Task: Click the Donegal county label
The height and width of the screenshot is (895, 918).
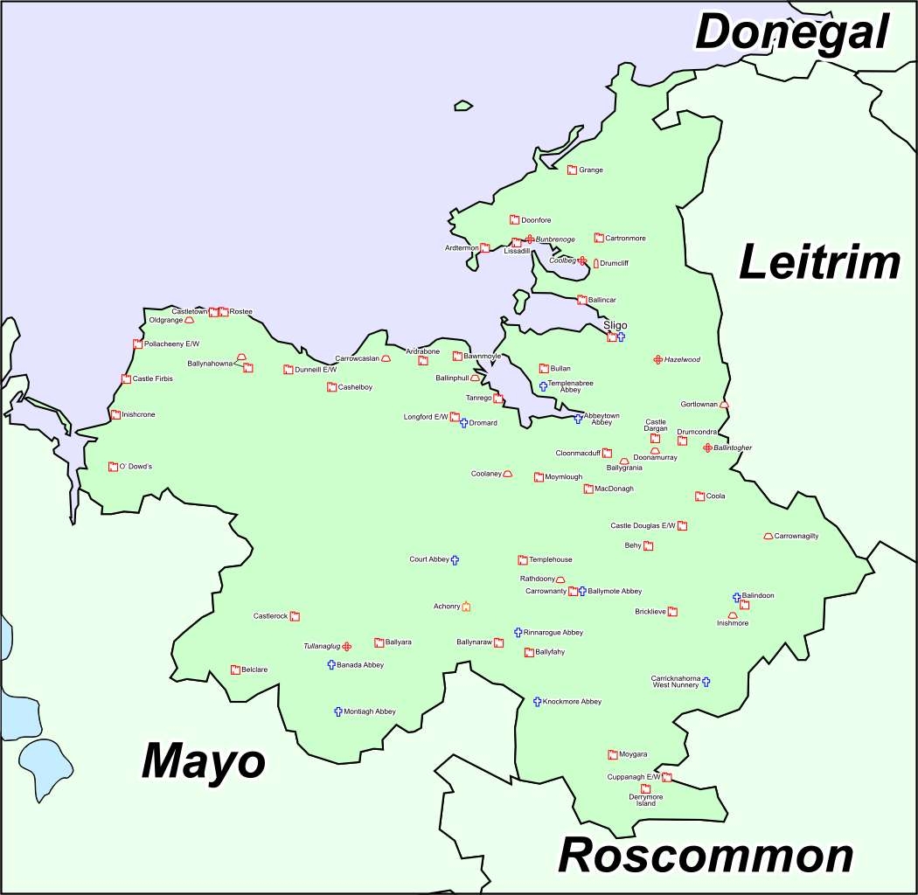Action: pyautogui.click(x=791, y=33)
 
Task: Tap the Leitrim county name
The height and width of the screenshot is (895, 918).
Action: pyautogui.click(x=819, y=263)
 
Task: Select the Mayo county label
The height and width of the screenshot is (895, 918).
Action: pyautogui.click(x=203, y=762)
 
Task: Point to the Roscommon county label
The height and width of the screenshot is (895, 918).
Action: pyautogui.click(x=706, y=856)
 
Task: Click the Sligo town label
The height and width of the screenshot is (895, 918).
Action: pyautogui.click(x=615, y=325)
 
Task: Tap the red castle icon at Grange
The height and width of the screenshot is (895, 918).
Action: pyautogui.click(x=572, y=170)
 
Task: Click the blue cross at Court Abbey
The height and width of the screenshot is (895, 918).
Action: pyautogui.click(x=455, y=559)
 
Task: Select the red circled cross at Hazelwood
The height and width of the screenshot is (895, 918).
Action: pyautogui.click(x=657, y=359)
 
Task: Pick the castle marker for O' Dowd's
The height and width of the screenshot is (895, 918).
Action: pyautogui.click(x=113, y=467)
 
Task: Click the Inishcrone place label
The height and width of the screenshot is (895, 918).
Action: pyautogui.click(x=138, y=414)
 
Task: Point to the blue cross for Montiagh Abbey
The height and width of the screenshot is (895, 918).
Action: pyautogui.click(x=337, y=711)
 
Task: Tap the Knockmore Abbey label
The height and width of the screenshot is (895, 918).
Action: pyautogui.click(x=572, y=702)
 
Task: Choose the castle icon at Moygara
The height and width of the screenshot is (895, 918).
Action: pyautogui.click(x=612, y=754)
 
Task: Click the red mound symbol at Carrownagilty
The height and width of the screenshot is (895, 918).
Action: pyautogui.click(x=768, y=536)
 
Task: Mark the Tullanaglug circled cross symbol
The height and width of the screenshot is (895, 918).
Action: pyautogui.click(x=347, y=646)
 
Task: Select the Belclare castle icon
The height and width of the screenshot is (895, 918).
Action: pyautogui.click(x=235, y=670)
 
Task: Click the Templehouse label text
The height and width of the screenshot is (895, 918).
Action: pyautogui.click(x=551, y=559)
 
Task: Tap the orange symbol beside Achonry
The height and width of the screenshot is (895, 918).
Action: pyautogui.click(x=466, y=607)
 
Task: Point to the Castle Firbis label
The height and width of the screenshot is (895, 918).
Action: pyautogui.click(x=152, y=378)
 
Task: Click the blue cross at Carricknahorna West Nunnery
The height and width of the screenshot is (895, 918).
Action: pyautogui.click(x=706, y=682)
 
